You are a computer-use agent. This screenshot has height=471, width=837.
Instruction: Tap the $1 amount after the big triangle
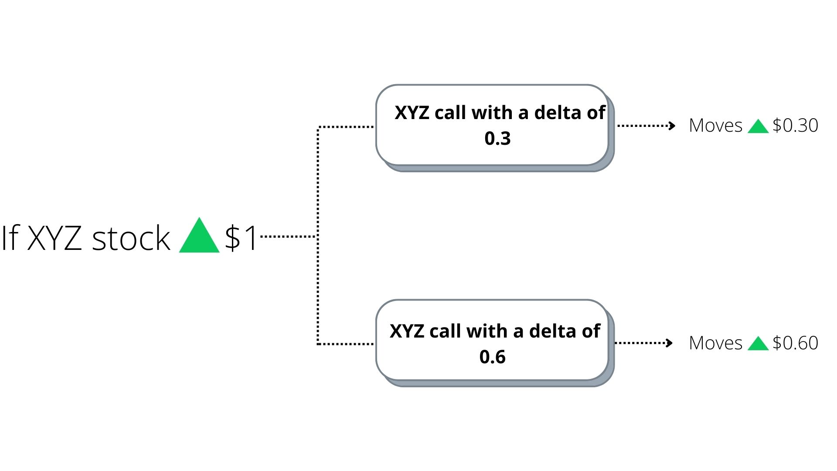pos(241,238)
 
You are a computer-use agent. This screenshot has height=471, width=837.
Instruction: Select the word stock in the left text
pos(131,239)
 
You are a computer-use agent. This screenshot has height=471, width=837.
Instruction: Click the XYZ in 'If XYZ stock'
pos(54,238)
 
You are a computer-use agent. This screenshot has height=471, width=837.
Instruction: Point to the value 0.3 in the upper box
pos(497,139)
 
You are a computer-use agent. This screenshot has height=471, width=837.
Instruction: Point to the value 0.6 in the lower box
pos(492,357)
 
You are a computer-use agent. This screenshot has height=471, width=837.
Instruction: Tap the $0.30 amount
pos(795,126)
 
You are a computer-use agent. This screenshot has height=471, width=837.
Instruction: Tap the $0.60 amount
pos(795,343)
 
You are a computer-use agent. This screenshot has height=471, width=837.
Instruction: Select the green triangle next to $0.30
pos(758,127)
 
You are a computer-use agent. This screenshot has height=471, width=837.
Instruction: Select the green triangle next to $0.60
pos(758,344)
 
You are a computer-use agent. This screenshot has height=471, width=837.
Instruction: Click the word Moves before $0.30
pos(715,126)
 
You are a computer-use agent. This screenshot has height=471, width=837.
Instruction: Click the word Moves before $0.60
pos(715,343)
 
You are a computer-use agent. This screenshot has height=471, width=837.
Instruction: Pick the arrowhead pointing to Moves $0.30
pos(672,126)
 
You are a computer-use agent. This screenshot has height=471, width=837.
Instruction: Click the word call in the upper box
pos(450,113)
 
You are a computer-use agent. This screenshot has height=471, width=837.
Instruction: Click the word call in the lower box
pos(445,331)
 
